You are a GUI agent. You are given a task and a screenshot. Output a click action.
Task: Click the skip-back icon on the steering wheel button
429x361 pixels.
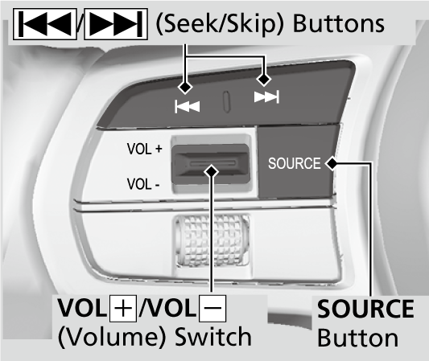tap(188, 106)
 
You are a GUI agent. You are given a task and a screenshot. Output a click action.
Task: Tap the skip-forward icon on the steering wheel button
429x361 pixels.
tap(266, 96)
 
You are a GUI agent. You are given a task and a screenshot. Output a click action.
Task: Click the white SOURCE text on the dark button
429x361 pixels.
tap(294, 163)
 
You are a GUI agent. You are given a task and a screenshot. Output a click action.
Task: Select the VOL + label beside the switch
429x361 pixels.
tap(144, 149)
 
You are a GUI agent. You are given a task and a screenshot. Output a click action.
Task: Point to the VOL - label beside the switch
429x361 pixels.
tap(143, 184)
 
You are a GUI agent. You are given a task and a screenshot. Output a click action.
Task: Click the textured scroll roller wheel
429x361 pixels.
tap(211, 240)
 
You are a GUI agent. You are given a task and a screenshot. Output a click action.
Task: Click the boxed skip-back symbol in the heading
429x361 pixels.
tap(44, 24)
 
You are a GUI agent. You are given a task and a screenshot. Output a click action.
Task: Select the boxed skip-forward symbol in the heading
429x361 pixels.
tap(116, 24)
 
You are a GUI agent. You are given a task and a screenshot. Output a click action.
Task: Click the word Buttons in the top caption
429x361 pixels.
tap(339, 24)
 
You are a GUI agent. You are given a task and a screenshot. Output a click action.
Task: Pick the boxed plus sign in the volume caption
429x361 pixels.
tap(123, 308)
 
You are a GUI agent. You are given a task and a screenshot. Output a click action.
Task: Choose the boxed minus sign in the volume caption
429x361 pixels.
tap(212, 308)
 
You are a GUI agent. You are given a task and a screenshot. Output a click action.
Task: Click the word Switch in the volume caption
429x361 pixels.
tap(213, 336)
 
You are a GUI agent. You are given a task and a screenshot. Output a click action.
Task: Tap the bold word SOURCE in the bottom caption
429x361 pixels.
tap(365, 308)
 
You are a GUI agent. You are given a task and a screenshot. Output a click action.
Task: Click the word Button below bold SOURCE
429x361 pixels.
tap(358, 338)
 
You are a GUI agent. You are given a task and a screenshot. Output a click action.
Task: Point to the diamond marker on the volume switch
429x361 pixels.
tap(211, 171)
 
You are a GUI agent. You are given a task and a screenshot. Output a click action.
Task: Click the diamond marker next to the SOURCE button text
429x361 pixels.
tap(332, 163)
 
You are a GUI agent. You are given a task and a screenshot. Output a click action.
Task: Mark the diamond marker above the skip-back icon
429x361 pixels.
tap(185, 87)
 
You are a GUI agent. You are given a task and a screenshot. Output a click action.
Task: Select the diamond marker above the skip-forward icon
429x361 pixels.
tap(264, 79)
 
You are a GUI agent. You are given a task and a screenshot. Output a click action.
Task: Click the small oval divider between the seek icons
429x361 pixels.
tap(226, 101)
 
